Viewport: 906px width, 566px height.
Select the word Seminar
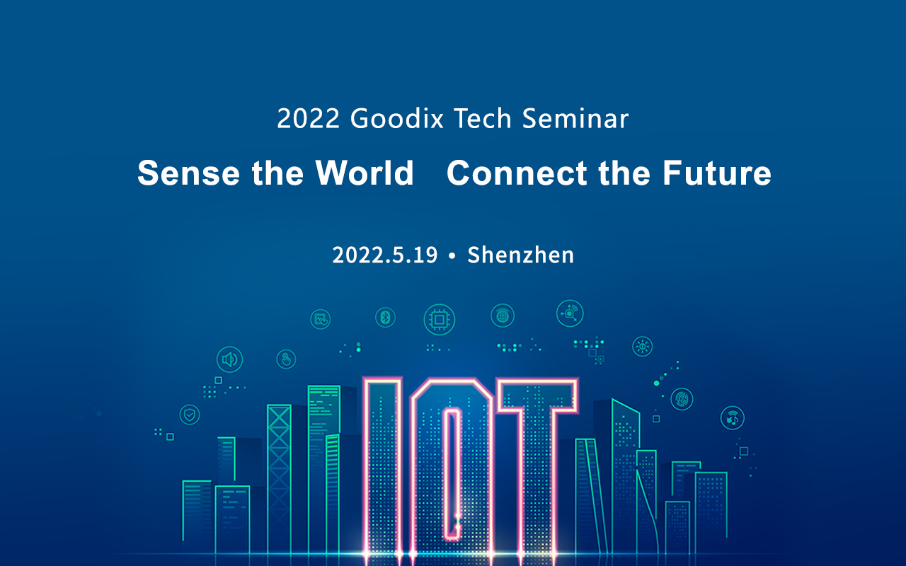[575, 119]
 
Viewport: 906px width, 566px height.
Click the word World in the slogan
[365, 173]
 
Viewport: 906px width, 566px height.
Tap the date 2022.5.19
[385, 255]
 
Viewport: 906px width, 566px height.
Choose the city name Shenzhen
[520, 255]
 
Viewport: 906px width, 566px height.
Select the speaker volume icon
[229, 359]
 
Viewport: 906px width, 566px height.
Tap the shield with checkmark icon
[190, 414]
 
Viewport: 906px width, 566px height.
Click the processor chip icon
[439, 320]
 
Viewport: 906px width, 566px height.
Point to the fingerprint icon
[682, 399]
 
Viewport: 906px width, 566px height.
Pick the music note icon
[732, 417]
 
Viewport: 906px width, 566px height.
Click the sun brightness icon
[642, 346]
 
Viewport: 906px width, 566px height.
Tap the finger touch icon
[286, 359]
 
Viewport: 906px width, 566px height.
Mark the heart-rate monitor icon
[321, 319]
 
